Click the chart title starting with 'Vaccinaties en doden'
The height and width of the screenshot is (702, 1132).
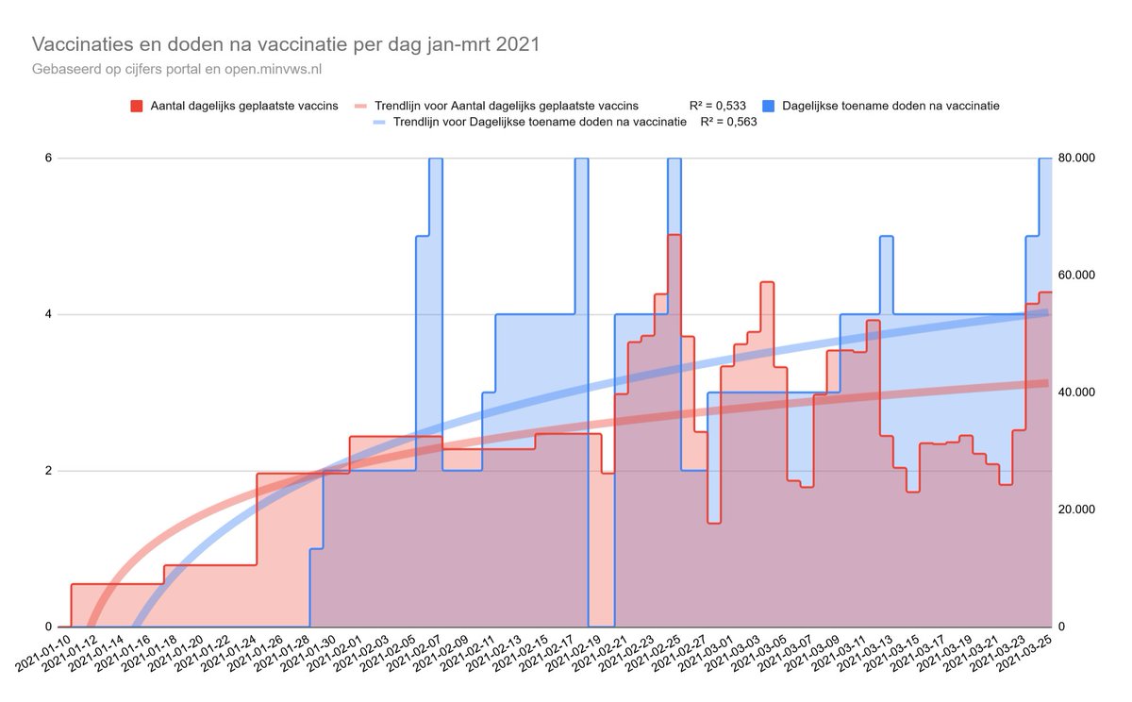pos(286,45)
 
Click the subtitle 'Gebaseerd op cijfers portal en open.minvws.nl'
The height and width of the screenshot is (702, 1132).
pos(184,69)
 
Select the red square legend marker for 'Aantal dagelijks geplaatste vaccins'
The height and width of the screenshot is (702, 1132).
pos(136,106)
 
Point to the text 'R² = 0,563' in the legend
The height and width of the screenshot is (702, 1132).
pos(728,122)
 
